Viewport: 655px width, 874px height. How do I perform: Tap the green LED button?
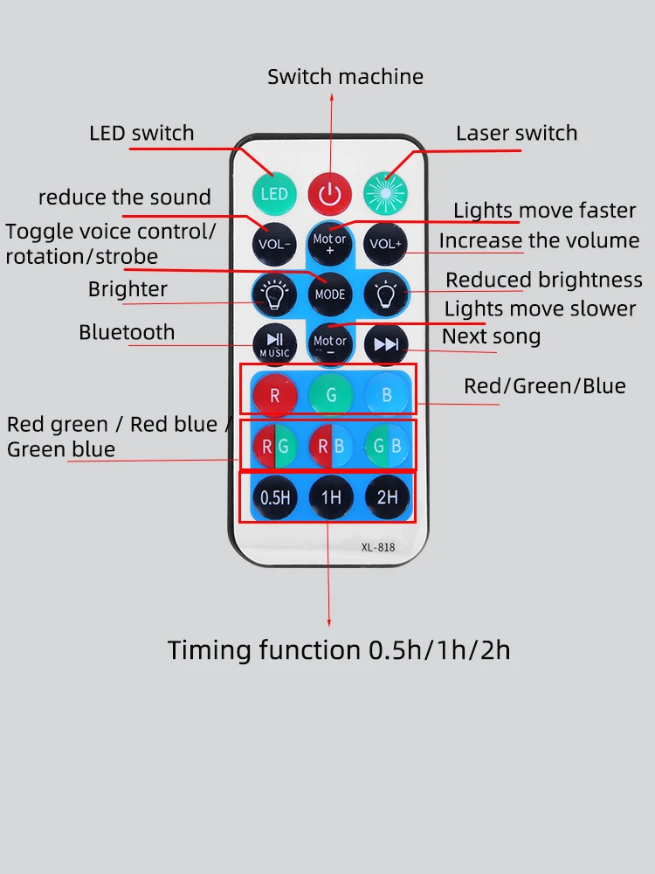click(x=273, y=192)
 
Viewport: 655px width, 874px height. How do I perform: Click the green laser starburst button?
click(x=385, y=192)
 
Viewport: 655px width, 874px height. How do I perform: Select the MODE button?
click(x=329, y=294)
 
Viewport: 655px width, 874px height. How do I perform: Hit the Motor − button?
click(x=329, y=344)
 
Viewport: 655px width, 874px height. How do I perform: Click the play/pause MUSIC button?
click(x=274, y=344)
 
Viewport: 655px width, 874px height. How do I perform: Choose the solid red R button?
click(x=274, y=395)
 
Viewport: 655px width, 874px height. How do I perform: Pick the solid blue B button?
click(x=386, y=395)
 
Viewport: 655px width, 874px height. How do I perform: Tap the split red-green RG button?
click(x=274, y=446)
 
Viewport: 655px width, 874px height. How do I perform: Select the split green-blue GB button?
click(x=386, y=446)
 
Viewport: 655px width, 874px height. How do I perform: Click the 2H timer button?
click(x=386, y=497)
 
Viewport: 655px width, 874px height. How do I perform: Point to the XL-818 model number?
click(x=377, y=548)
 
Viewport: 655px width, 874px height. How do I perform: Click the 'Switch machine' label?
click(x=345, y=77)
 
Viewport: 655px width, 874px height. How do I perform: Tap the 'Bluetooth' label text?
click(x=127, y=332)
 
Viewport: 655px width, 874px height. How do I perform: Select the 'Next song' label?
click(x=491, y=336)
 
